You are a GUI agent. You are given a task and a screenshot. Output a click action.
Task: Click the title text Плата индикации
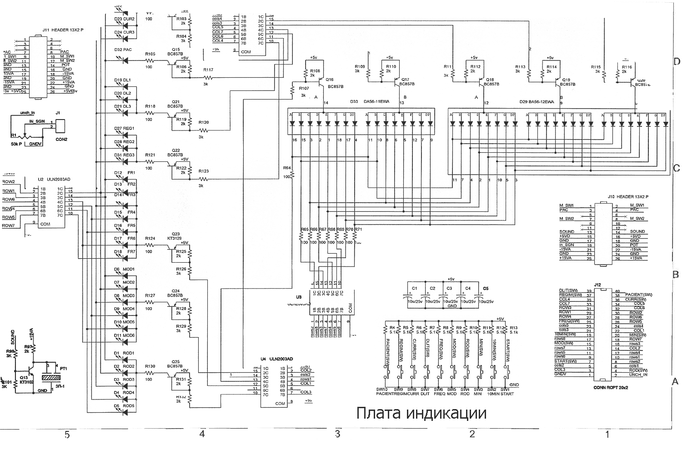(421, 413)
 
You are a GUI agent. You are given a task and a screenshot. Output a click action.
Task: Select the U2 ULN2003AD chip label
(54, 179)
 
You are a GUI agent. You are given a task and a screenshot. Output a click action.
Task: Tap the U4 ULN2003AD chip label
(277, 359)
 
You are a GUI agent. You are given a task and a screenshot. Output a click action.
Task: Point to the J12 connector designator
(597, 285)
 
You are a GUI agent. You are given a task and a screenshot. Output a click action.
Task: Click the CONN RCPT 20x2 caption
(611, 388)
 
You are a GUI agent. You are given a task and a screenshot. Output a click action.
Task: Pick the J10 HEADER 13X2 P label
(627, 197)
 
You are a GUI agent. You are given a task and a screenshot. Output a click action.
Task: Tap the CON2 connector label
(61, 139)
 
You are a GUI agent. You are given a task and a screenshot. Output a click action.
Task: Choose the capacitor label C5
(486, 288)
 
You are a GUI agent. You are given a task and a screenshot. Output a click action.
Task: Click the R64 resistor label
(287, 168)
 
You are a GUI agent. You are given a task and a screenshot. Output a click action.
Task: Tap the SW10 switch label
(381, 389)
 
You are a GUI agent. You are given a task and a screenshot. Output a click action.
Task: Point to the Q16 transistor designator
(329, 80)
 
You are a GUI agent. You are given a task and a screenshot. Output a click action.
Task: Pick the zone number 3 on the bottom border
(337, 435)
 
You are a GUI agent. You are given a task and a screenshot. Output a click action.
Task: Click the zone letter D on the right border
(676, 61)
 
